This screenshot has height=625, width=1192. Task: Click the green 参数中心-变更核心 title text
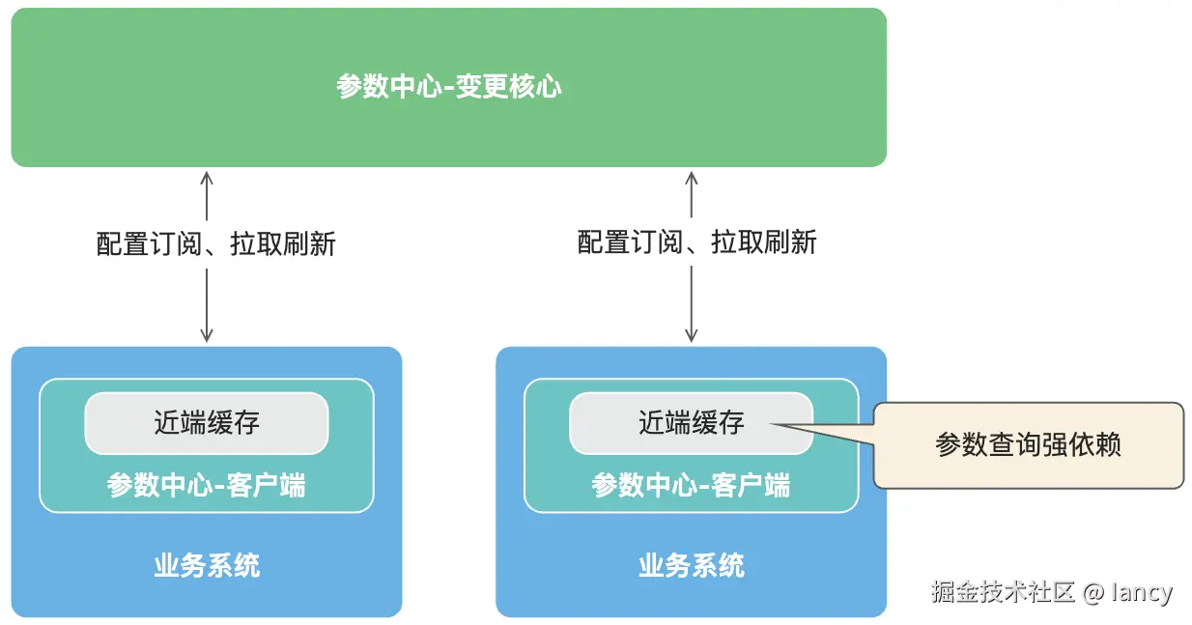pyautogui.click(x=448, y=87)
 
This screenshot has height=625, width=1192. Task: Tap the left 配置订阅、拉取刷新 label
pyautogui.click(x=215, y=243)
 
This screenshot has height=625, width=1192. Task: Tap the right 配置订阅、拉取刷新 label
pyautogui.click(x=696, y=242)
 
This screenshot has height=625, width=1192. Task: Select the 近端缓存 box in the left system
pyautogui.click(x=207, y=423)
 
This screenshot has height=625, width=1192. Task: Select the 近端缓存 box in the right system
pyautogui.click(x=691, y=423)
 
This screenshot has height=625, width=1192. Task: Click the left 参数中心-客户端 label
pyautogui.click(x=207, y=485)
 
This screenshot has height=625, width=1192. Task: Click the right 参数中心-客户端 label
pyautogui.click(x=691, y=485)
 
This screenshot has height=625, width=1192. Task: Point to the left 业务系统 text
pyautogui.click(x=207, y=565)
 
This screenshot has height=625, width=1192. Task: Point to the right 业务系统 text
pyautogui.click(x=691, y=565)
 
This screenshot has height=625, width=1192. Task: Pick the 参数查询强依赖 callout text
pyautogui.click(x=1028, y=445)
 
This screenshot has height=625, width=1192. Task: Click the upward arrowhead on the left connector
pyautogui.click(x=207, y=177)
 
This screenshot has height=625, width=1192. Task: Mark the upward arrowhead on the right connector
pyautogui.click(x=691, y=177)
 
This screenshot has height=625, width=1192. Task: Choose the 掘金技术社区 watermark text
pyautogui.click(x=1003, y=592)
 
